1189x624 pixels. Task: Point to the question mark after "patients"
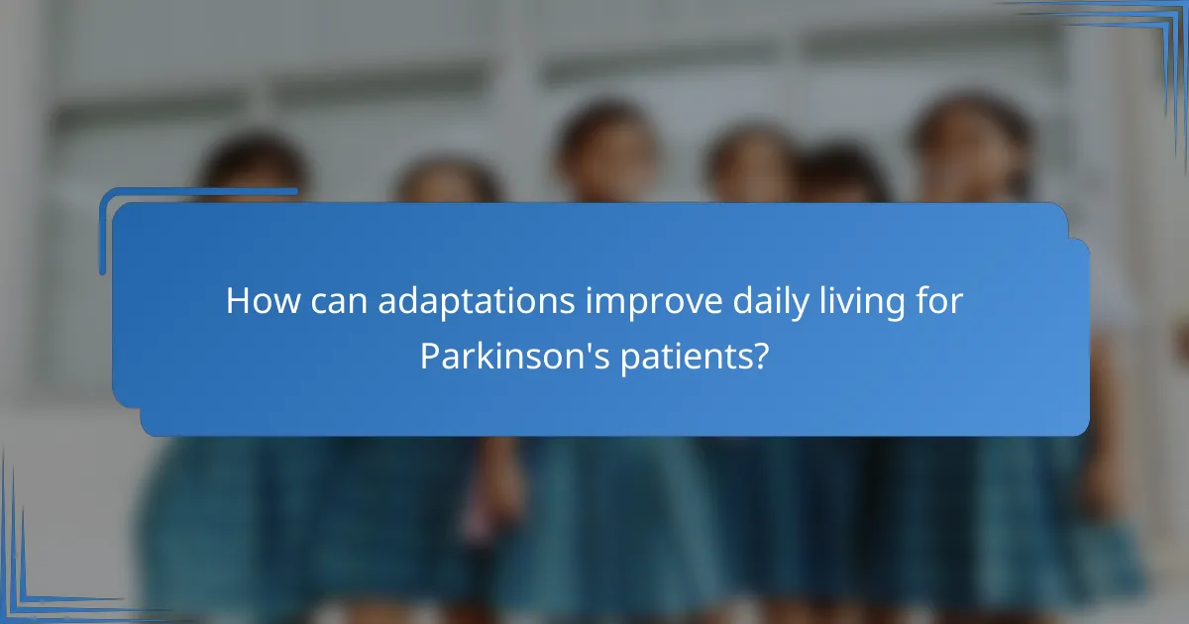pos(761,356)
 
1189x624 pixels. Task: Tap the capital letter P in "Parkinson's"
pos(431,356)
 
